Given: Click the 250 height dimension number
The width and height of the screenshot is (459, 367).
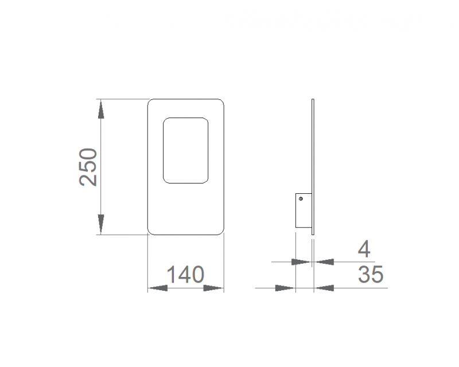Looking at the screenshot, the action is [x=88, y=167].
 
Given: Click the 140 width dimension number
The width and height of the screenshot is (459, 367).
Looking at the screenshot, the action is [x=185, y=275].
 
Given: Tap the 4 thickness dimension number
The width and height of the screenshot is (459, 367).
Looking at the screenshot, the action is [x=364, y=249].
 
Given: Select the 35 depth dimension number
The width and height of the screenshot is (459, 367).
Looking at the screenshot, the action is [x=371, y=274].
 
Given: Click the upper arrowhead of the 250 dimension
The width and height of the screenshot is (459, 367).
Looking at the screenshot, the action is [x=101, y=109].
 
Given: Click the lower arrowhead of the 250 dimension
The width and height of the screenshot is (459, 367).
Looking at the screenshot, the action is [x=101, y=224].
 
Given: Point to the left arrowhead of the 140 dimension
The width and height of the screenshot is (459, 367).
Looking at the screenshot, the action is [x=157, y=288].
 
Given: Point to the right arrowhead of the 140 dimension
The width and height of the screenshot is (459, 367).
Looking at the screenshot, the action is [x=213, y=288].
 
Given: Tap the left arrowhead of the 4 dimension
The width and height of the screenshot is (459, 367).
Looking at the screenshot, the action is [x=301, y=261].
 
